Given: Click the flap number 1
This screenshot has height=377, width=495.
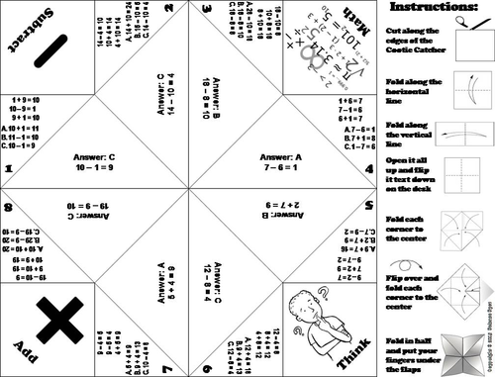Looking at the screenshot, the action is pyautogui.click(x=9, y=169).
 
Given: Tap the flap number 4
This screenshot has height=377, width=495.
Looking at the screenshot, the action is pyautogui.click(x=367, y=169).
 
